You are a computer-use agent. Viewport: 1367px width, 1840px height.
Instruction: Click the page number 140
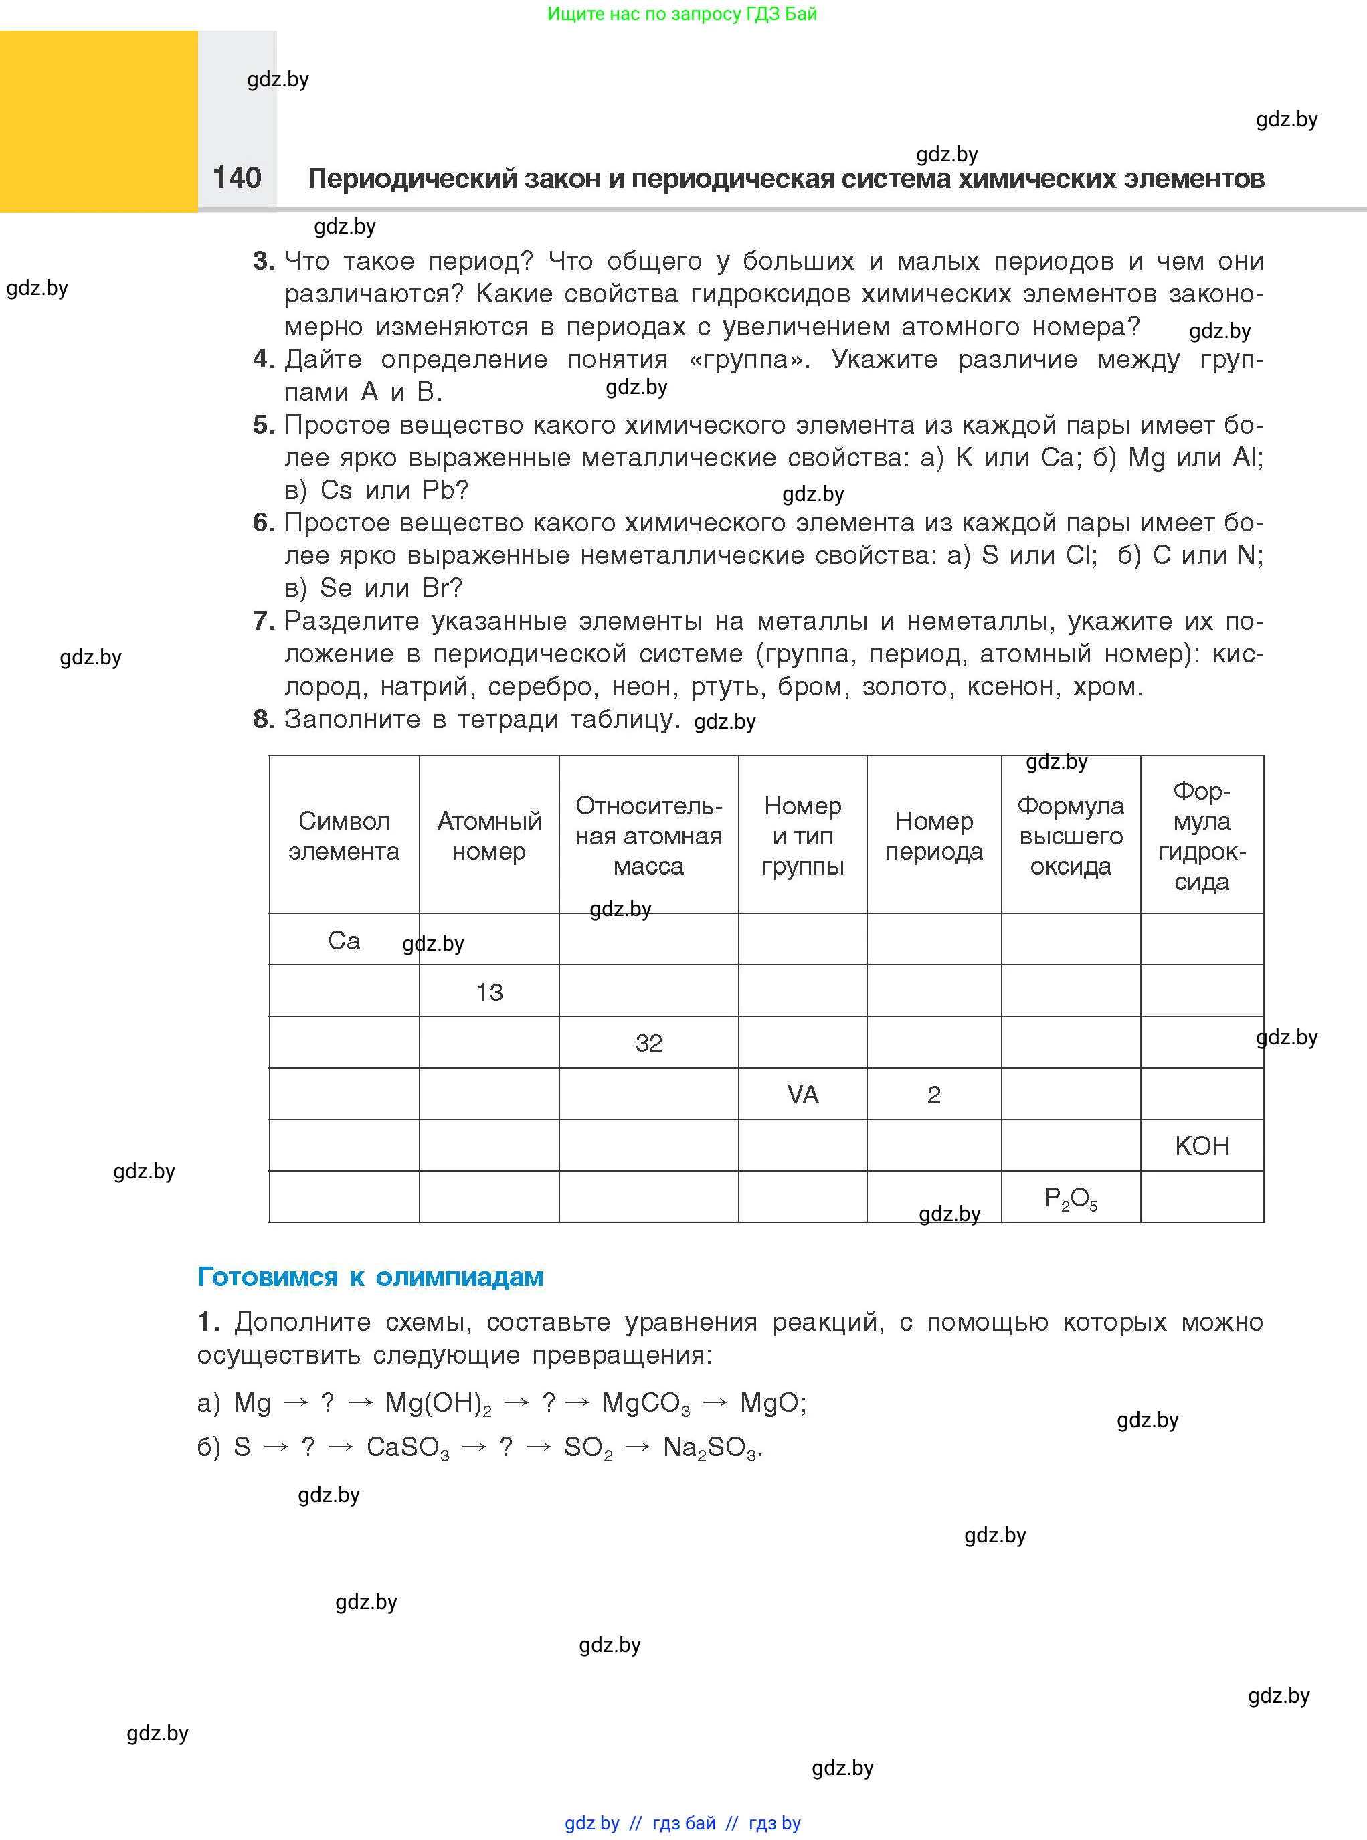click(x=237, y=178)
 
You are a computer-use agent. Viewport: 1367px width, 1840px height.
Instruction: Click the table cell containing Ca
click(x=343, y=941)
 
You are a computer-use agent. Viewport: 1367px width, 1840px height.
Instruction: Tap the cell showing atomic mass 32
click(x=649, y=1043)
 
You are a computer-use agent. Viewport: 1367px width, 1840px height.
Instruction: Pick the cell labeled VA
click(x=803, y=1095)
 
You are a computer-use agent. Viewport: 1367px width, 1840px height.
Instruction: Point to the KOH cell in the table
click(x=1202, y=1146)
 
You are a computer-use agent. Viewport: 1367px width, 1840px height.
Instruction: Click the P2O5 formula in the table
click(x=1071, y=1198)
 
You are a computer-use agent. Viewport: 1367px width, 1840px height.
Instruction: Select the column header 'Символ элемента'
click(x=343, y=836)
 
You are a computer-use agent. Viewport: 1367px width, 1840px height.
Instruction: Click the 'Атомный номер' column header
click(x=489, y=836)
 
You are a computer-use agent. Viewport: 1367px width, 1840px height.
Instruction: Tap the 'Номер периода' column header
click(x=933, y=836)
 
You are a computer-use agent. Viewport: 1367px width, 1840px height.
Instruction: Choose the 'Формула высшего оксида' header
click(x=1071, y=836)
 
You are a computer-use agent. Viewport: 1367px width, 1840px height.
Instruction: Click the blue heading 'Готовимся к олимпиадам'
click(x=370, y=1277)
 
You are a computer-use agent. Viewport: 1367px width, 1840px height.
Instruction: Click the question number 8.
click(x=263, y=719)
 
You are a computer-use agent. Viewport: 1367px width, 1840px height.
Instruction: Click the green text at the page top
click(x=682, y=14)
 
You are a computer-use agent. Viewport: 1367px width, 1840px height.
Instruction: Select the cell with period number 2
click(x=933, y=1095)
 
